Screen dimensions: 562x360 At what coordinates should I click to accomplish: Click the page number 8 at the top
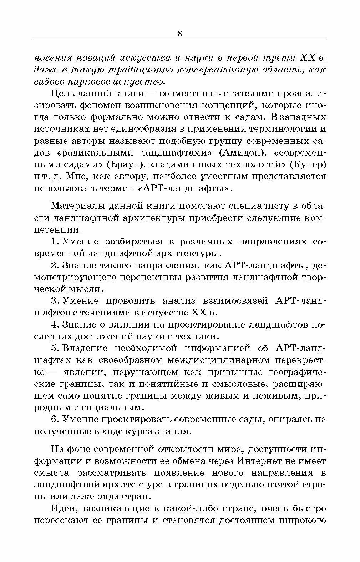[179, 34]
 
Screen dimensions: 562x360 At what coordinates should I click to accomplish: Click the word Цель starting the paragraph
[62, 93]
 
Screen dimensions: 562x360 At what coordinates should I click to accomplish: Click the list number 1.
[55, 242]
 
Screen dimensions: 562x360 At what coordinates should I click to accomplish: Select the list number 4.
[55, 325]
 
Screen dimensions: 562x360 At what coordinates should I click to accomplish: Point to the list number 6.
[55, 419]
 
